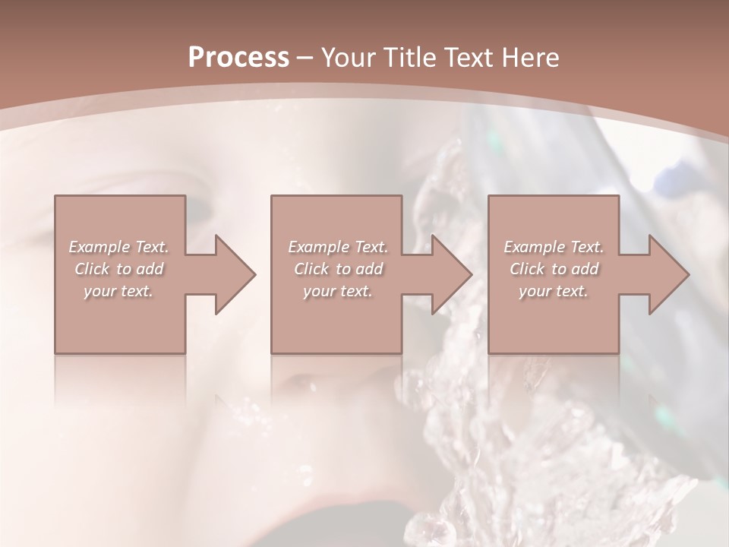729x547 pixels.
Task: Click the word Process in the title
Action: pos(238,58)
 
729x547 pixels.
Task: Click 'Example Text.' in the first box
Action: pos(118,247)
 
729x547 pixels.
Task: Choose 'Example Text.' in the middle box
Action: pos(338,247)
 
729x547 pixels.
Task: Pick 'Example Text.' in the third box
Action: pos(554,247)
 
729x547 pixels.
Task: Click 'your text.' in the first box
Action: pos(118,291)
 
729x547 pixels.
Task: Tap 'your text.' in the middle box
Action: pos(338,291)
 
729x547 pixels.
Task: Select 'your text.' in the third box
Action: pos(554,291)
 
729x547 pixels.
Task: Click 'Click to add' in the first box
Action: pos(118,269)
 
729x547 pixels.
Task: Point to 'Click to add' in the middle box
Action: pos(338,269)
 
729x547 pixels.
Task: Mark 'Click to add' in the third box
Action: pos(554,269)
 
